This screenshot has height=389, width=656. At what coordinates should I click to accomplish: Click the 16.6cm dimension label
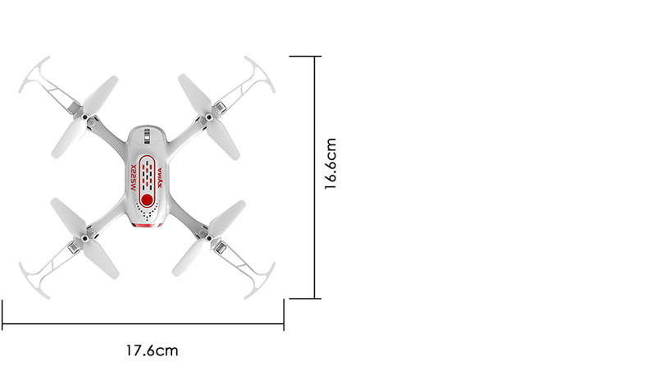pyautogui.click(x=332, y=164)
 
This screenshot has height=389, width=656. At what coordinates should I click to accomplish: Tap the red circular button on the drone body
pyautogui.click(x=147, y=200)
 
